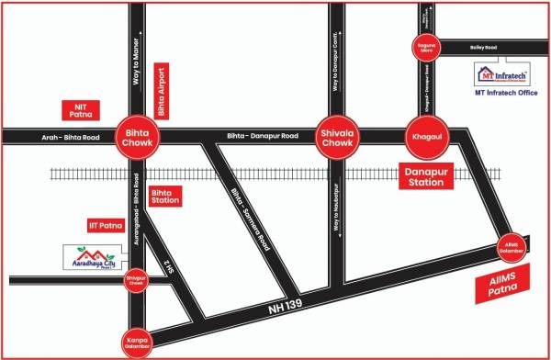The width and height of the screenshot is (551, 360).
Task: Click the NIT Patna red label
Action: click(x=78, y=111)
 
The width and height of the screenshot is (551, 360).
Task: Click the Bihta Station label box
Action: click(x=174, y=197)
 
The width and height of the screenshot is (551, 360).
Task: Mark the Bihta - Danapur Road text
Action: click(x=261, y=137)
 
